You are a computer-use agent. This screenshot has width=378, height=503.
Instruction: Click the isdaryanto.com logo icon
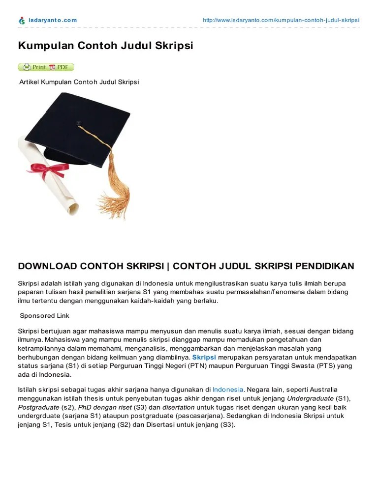point(22,20)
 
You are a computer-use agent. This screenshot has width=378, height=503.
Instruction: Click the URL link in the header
point(281,20)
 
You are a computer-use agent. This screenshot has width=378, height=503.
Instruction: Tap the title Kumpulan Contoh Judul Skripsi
point(105,46)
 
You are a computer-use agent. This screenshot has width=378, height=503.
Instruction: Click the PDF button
point(60,67)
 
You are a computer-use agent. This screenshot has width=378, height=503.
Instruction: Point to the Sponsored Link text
point(44,315)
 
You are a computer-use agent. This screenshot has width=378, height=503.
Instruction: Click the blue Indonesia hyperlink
point(228,389)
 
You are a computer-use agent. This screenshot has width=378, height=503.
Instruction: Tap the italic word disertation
point(179,407)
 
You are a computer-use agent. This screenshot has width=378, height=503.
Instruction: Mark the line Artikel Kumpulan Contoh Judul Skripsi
point(79,82)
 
